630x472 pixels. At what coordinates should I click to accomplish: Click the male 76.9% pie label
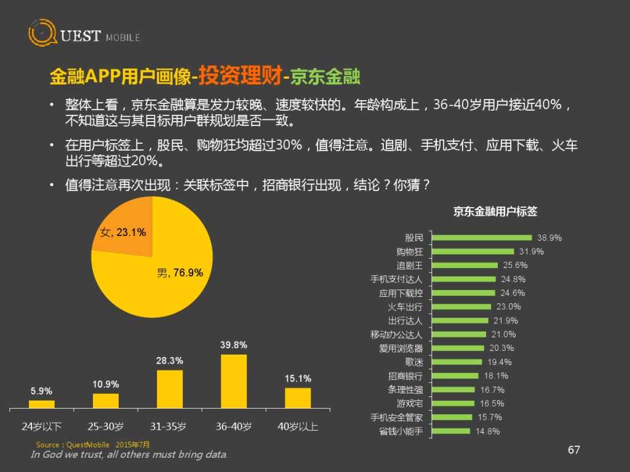[180, 273]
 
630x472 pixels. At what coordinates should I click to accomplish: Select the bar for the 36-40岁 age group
[233, 381]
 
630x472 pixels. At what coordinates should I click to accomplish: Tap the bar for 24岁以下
[42, 404]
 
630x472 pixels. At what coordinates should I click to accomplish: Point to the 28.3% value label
[169, 361]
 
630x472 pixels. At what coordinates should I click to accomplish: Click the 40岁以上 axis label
[297, 426]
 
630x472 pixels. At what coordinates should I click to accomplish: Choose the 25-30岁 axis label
[105, 426]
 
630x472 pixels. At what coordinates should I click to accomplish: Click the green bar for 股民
[482, 237]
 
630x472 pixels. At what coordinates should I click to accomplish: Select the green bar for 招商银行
[455, 376]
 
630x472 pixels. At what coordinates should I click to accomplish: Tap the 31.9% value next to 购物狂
[532, 251]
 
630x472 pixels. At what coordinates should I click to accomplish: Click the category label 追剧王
[410, 265]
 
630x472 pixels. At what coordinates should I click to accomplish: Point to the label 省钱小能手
[401, 431]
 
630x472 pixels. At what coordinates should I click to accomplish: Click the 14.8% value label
[487, 431]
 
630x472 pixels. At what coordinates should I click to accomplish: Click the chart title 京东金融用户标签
[495, 211]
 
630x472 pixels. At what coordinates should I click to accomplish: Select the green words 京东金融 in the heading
[325, 77]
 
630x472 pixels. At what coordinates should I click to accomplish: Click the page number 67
[573, 450]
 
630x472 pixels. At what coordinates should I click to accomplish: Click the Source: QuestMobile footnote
[92, 444]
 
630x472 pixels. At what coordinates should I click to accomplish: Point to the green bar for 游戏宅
[453, 403]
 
